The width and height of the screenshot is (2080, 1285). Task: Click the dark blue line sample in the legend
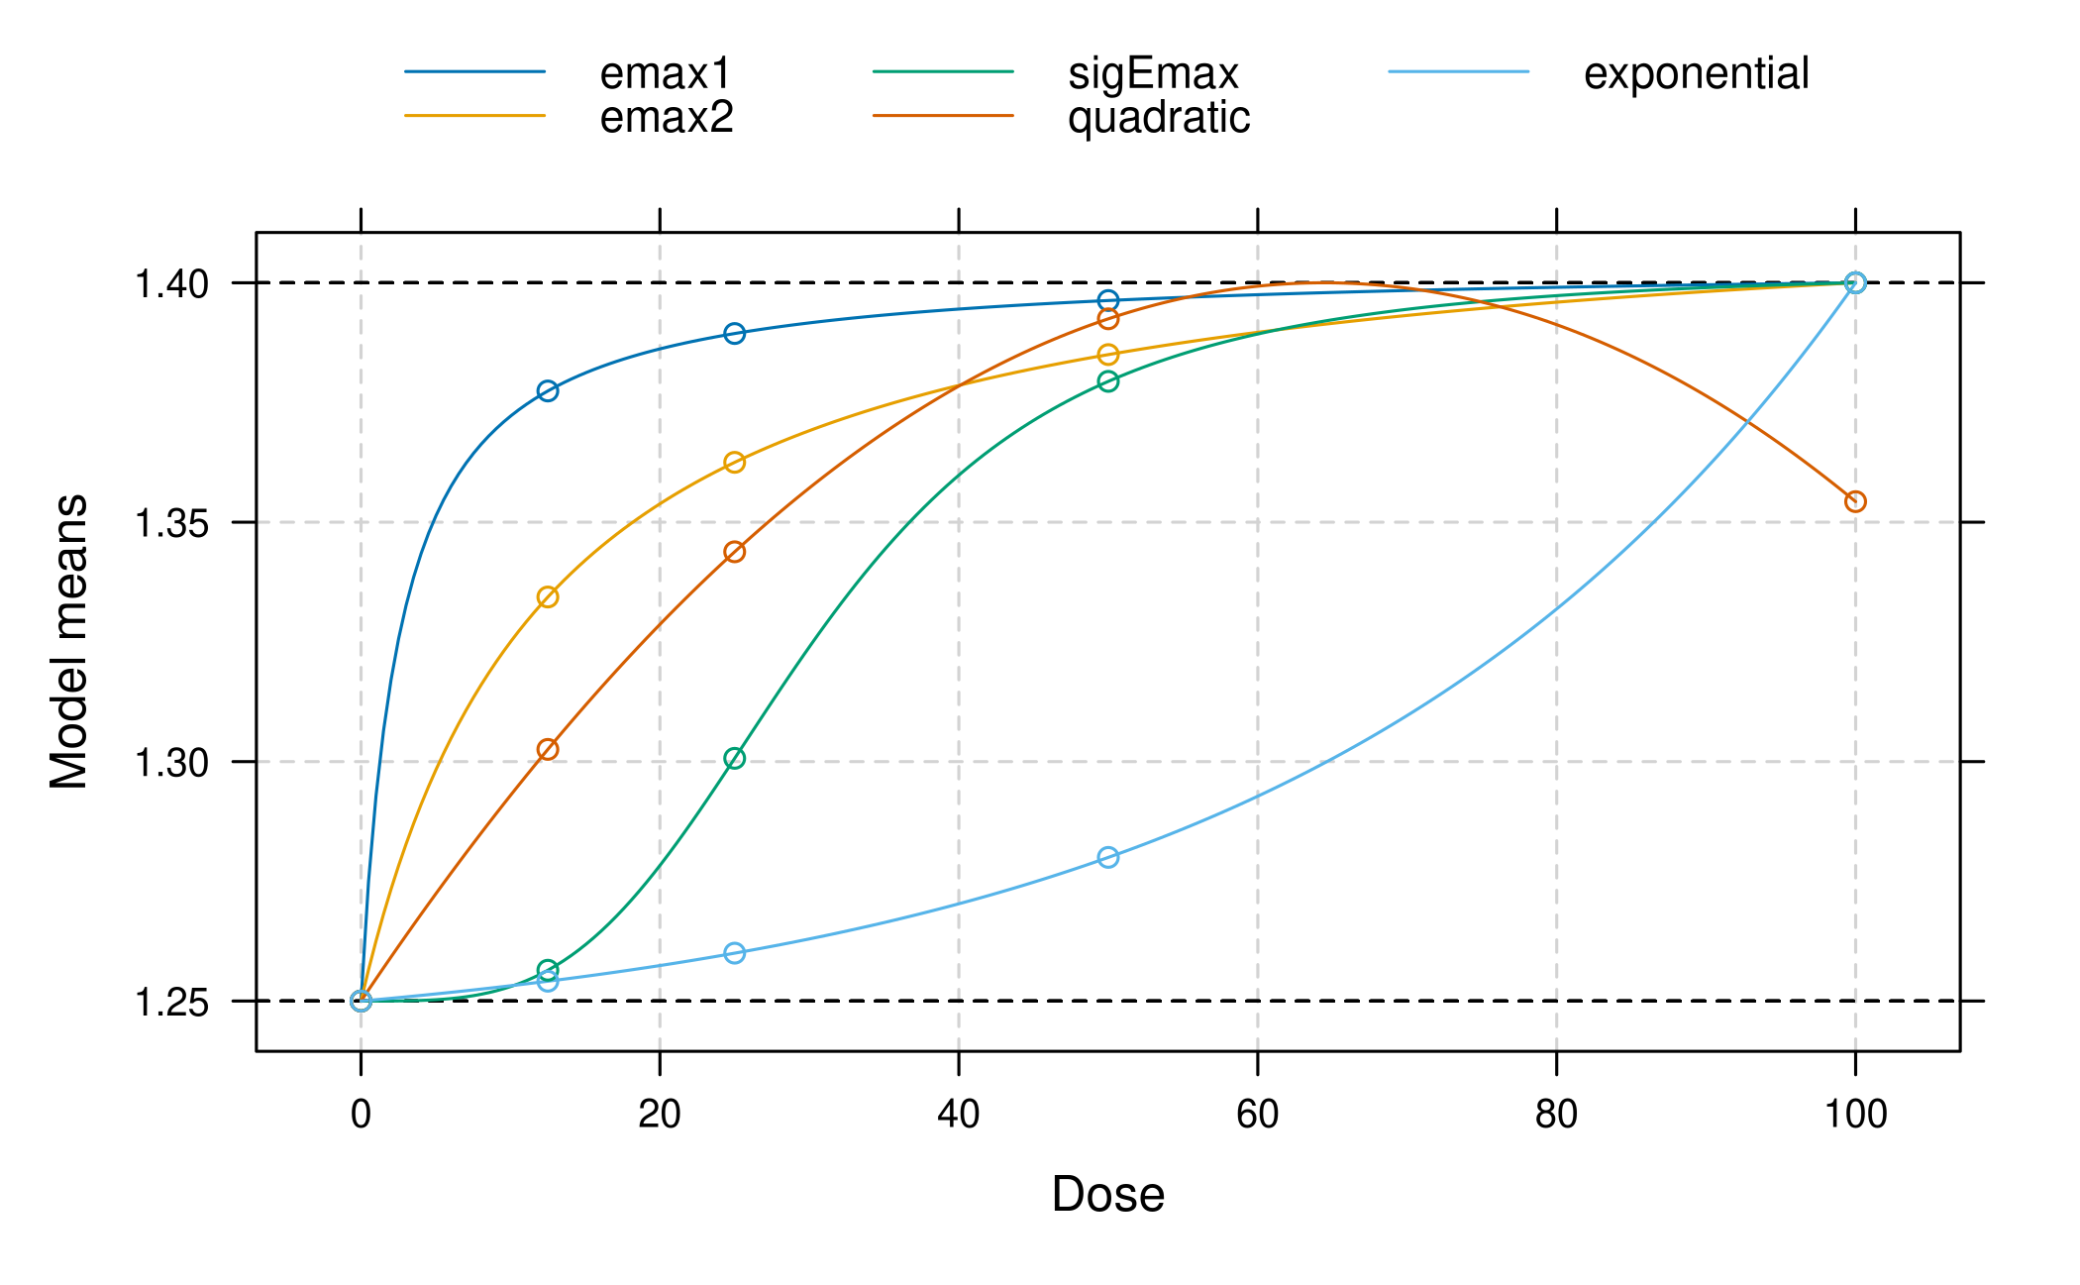(x=475, y=71)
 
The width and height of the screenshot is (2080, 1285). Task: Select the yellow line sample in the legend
(x=475, y=116)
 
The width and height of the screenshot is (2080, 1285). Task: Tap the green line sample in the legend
(x=943, y=71)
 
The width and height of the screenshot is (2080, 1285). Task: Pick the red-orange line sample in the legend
(x=943, y=116)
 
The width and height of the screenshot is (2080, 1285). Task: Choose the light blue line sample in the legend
(x=1459, y=71)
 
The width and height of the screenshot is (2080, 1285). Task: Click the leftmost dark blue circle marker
(x=548, y=391)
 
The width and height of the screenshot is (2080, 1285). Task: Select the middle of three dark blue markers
(x=734, y=333)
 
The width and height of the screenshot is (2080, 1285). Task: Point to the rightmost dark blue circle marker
(x=1108, y=300)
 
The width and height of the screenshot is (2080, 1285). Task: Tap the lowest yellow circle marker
(x=548, y=596)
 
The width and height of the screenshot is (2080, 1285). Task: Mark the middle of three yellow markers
(x=734, y=463)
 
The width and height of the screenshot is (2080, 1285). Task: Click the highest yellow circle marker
(x=1108, y=355)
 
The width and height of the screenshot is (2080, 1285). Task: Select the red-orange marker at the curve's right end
(x=1855, y=502)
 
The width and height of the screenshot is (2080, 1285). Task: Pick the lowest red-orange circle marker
(x=548, y=749)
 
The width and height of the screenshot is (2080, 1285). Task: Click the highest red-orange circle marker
(x=1108, y=319)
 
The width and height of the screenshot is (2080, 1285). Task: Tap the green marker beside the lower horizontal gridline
(x=734, y=759)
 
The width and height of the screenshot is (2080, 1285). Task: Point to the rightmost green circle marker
(x=1108, y=381)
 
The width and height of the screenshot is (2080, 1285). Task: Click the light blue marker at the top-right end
(x=1855, y=283)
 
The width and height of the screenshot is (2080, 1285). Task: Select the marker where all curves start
(x=362, y=1001)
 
